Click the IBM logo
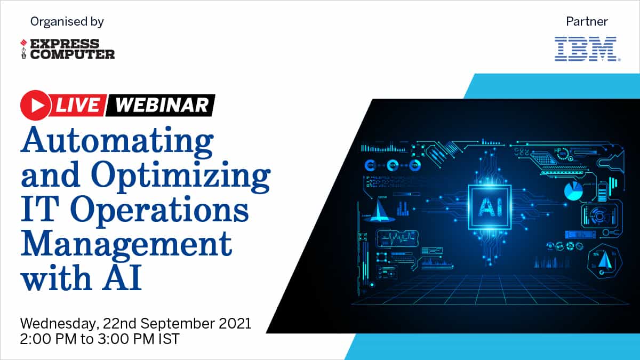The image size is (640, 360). (x=587, y=49)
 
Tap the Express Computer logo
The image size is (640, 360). (x=67, y=49)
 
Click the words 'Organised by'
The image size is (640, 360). (x=67, y=22)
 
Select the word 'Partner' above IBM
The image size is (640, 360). (x=587, y=21)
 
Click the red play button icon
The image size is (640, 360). (x=36, y=105)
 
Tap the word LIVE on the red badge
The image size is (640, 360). (x=78, y=105)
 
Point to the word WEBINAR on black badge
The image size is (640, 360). (x=162, y=105)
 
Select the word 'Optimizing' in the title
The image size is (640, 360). (x=181, y=177)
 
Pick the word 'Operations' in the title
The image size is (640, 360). (x=159, y=210)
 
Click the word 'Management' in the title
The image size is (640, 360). (x=126, y=245)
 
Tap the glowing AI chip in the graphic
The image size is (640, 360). (x=490, y=207)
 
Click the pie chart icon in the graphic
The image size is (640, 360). (x=573, y=190)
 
